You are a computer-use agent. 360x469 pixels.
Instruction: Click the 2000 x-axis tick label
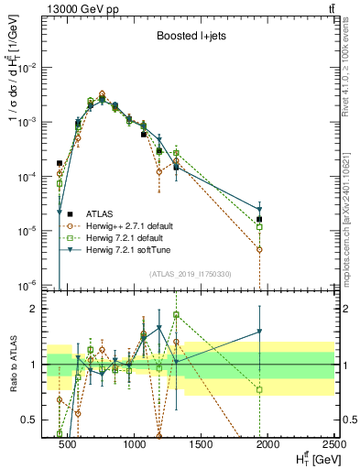click(267, 443)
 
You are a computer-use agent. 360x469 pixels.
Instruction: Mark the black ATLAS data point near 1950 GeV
click(260, 220)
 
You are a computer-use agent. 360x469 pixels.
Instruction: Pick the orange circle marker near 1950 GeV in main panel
click(260, 249)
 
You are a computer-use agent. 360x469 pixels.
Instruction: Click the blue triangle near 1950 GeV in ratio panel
click(260, 332)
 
